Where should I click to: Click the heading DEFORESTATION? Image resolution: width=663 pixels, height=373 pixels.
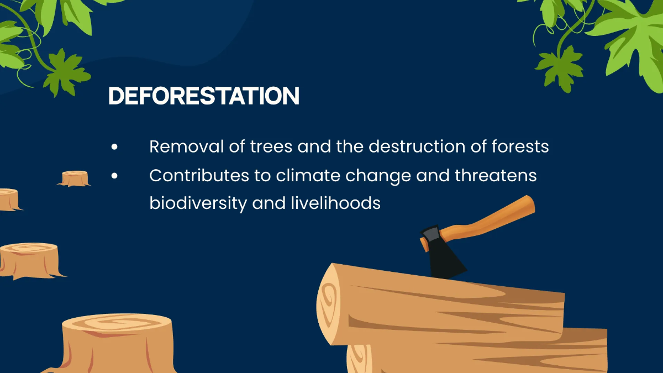[x=204, y=96]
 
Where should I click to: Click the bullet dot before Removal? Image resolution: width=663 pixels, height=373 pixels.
[x=114, y=148]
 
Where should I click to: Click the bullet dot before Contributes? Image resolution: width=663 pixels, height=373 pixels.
[x=114, y=176]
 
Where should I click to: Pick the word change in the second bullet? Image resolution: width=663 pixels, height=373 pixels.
[x=376, y=176]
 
